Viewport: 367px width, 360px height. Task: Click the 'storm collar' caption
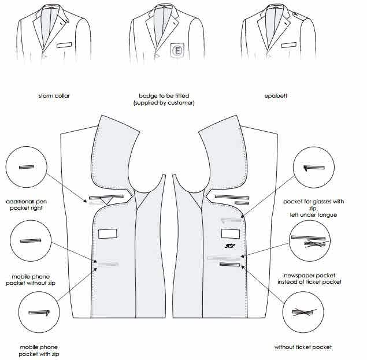[x=54, y=96]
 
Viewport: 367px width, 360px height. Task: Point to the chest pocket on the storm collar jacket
[x=65, y=44]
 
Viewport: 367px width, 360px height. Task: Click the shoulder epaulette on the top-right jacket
[x=295, y=14]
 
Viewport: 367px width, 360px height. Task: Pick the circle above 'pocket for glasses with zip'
[x=316, y=167]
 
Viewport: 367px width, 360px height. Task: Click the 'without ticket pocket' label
[x=303, y=348]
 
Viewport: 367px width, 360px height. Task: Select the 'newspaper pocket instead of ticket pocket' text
[x=312, y=279]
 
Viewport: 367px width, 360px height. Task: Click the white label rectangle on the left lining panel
[x=107, y=233]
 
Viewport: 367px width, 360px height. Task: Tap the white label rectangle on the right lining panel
[x=231, y=233]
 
